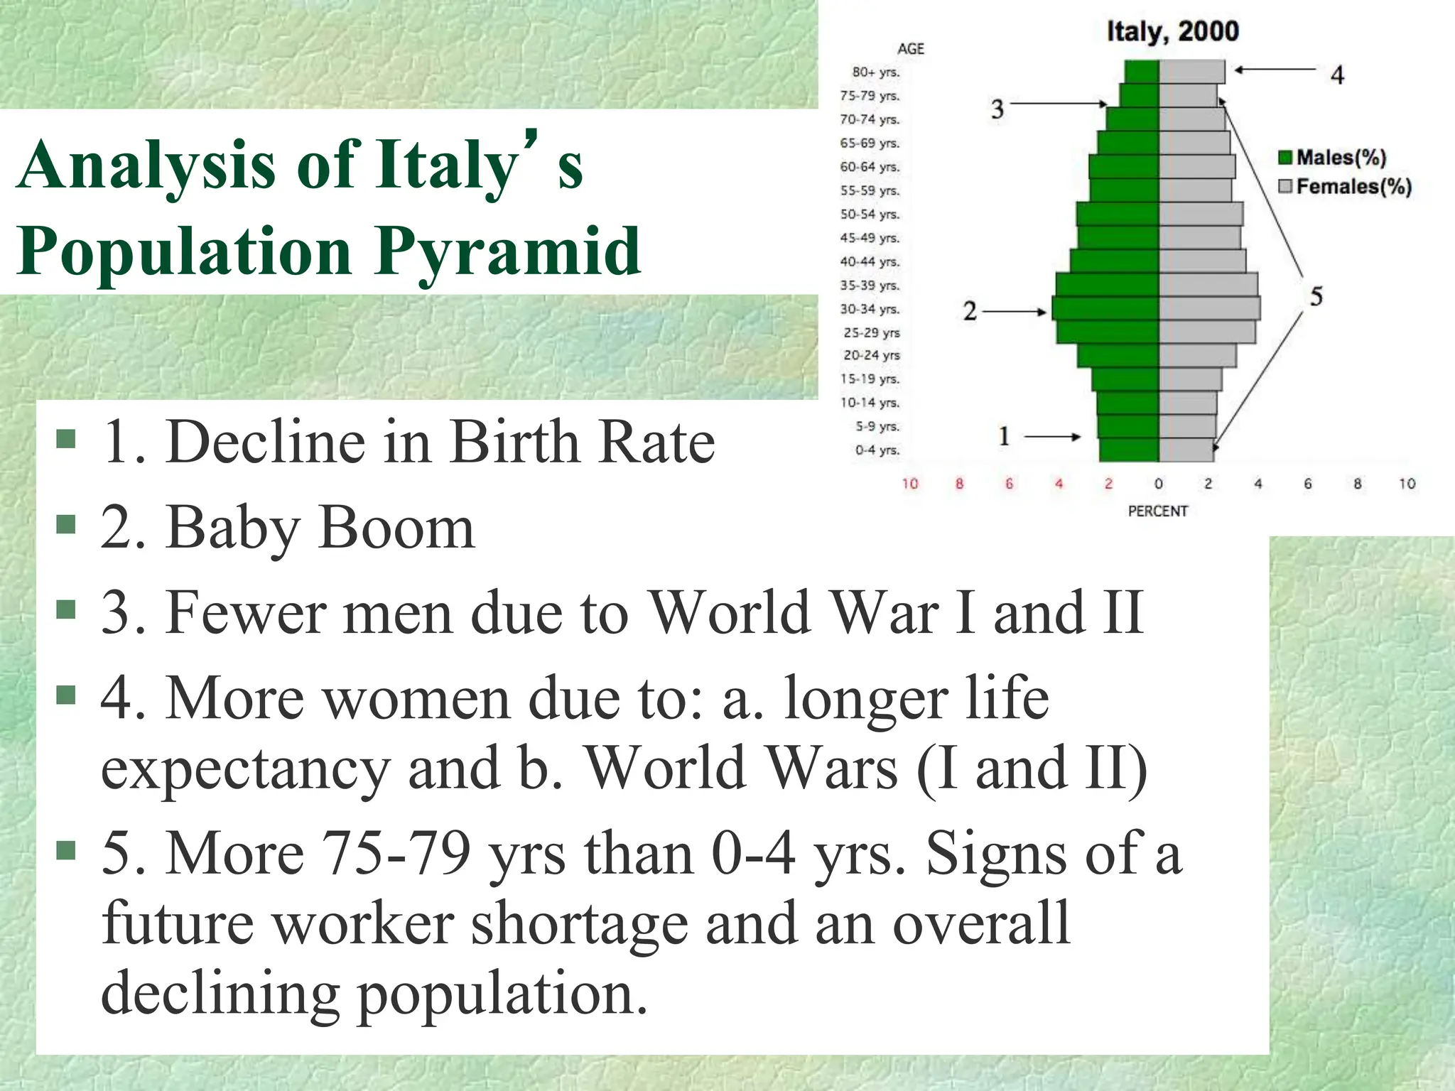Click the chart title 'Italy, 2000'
[x=1173, y=31]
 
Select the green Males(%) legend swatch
[x=1285, y=158]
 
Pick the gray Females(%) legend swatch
[x=1285, y=187]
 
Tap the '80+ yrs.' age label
[x=876, y=72]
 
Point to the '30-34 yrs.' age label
[x=870, y=310]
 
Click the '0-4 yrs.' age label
[x=877, y=450]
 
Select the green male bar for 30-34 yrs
[x=1105, y=310]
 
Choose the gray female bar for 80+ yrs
[x=1192, y=72]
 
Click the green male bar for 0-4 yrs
[x=1129, y=450]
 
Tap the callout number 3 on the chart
[x=997, y=109]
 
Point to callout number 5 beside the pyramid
[x=1316, y=296]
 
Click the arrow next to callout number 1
[x=1052, y=437]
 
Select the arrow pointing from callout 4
[x=1275, y=70]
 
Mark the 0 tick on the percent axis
[x=1159, y=484]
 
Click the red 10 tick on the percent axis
[x=910, y=484]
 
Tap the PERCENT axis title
[x=1158, y=511]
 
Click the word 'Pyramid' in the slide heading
[x=508, y=252]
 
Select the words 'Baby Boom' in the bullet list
[x=320, y=528]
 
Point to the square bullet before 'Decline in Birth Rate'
[x=66, y=440]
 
